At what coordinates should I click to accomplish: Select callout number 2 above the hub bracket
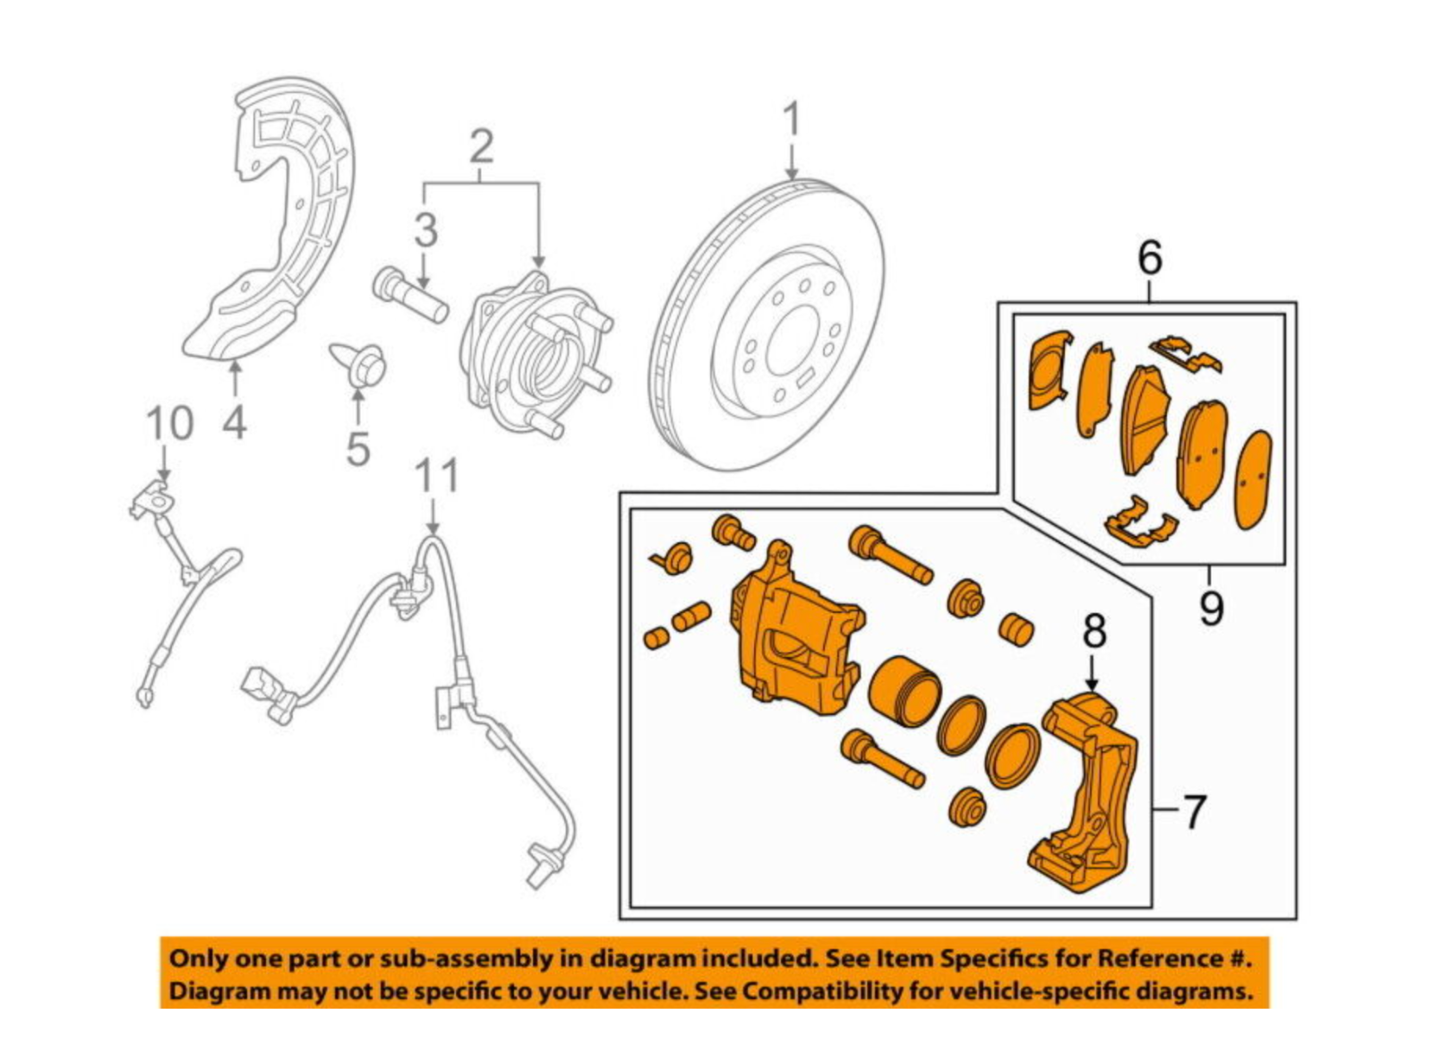coord(481,146)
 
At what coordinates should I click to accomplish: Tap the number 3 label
coord(425,230)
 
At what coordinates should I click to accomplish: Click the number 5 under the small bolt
coord(357,448)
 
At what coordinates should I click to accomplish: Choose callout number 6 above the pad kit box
coord(1150,258)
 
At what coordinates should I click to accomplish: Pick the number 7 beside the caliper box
coord(1195,812)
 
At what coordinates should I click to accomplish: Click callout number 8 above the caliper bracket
coord(1094,631)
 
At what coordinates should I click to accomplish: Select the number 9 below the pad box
coord(1211,609)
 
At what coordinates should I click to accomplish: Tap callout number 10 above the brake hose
coord(169,423)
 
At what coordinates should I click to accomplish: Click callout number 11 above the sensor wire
coord(437,477)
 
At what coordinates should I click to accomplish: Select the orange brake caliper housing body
coord(793,636)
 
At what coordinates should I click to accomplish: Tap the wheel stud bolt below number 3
coord(410,297)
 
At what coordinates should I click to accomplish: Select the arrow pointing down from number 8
coord(1094,672)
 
